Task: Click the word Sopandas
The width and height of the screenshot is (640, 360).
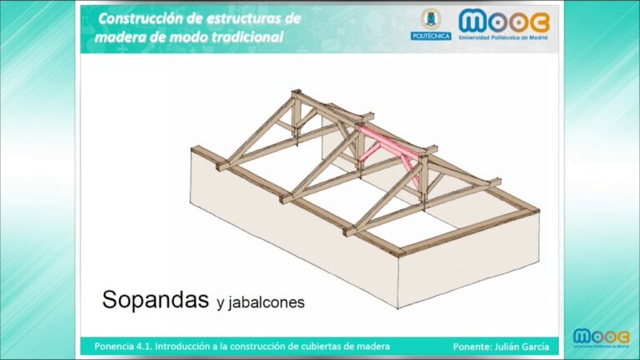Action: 154,300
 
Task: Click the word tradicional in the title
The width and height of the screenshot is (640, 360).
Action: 247,37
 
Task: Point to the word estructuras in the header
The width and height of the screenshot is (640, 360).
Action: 242,17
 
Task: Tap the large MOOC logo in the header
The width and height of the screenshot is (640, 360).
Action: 503,21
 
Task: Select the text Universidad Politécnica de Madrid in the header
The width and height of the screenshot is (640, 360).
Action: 503,37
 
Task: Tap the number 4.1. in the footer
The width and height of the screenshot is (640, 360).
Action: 138,346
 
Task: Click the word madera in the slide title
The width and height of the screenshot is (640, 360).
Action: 122,37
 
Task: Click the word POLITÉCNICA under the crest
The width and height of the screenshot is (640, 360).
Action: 430,36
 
